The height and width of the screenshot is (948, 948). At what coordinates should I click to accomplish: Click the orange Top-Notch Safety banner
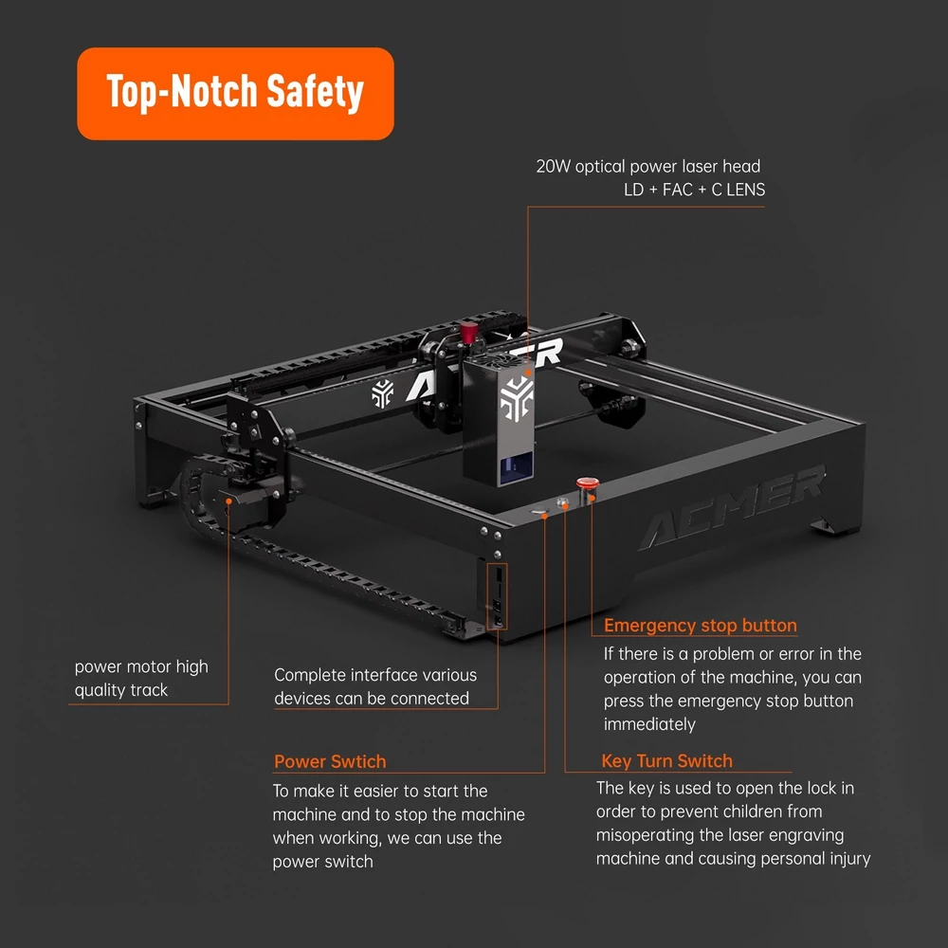(x=235, y=94)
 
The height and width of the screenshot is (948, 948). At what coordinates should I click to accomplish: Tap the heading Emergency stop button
(x=701, y=625)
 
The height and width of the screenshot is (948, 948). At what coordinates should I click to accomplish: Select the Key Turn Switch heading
(x=666, y=760)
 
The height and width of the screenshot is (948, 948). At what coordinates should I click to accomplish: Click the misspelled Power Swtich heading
(x=330, y=761)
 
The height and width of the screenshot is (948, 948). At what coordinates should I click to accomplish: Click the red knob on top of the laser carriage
(x=468, y=332)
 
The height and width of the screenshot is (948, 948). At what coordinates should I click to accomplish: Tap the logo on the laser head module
(x=517, y=398)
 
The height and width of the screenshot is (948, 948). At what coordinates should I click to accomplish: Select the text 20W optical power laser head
(x=648, y=166)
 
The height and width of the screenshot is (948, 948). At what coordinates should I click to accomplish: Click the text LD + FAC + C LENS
(x=694, y=190)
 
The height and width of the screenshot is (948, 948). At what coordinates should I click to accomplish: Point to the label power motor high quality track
(x=141, y=678)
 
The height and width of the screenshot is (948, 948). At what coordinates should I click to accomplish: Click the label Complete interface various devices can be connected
(x=374, y=686)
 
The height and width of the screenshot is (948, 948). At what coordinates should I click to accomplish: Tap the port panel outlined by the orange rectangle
(x=497, y=596)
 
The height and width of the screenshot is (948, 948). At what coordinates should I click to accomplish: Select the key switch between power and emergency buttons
(x=562, y=501)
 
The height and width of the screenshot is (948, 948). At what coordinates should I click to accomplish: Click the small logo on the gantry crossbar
(x=383, y=393)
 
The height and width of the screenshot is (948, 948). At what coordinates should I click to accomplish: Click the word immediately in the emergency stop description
(x=649, y=724)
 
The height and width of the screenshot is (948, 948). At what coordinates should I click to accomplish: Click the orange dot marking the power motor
(x=228, y=501)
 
